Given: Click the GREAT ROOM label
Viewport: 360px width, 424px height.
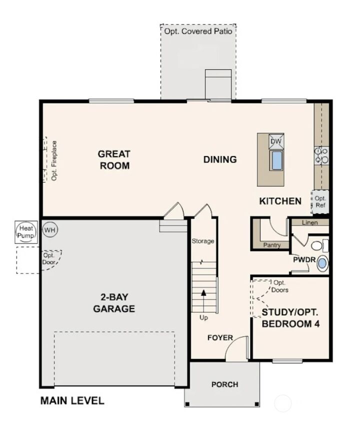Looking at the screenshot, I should click(x=114, y=160).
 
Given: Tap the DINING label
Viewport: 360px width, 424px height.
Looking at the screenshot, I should click(x=220, y=160).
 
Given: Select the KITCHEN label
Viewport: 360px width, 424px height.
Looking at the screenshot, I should click(x=280, y=201).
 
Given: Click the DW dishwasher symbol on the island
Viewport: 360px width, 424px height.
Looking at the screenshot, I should click(x=276, y=141).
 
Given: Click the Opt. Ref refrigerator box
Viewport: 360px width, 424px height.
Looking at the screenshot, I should click(x=320, y=201).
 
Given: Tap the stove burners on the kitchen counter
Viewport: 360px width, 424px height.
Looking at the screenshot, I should click(x=320, y=155).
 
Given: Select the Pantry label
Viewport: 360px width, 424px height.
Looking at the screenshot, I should click(x=272, y=245).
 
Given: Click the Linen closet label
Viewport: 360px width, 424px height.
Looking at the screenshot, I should click(x=310, y=222).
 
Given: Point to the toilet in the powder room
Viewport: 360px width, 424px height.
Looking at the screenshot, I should click(x=319, y=245).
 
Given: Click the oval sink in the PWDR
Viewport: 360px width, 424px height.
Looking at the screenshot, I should click(x=322, y=263).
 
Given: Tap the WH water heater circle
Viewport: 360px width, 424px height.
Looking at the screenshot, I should click(x=49, y=230).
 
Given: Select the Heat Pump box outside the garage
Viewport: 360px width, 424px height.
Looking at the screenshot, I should click(x=25, y=231).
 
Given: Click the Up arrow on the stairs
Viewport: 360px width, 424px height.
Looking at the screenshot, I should click(x=203, y=295).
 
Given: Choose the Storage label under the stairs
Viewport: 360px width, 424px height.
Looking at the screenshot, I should click(x=203, y=241).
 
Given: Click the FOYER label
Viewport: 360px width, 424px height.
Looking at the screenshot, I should click(x=220, y=338).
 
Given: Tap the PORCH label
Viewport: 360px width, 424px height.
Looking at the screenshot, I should click(x=224, y=384).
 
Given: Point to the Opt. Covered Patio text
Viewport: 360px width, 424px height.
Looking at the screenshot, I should click(x=198, y=31).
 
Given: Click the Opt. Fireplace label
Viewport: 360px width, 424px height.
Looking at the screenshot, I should click(x=53, y=160).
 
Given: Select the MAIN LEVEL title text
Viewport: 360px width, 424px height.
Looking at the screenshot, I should click(x=72, y=400).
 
